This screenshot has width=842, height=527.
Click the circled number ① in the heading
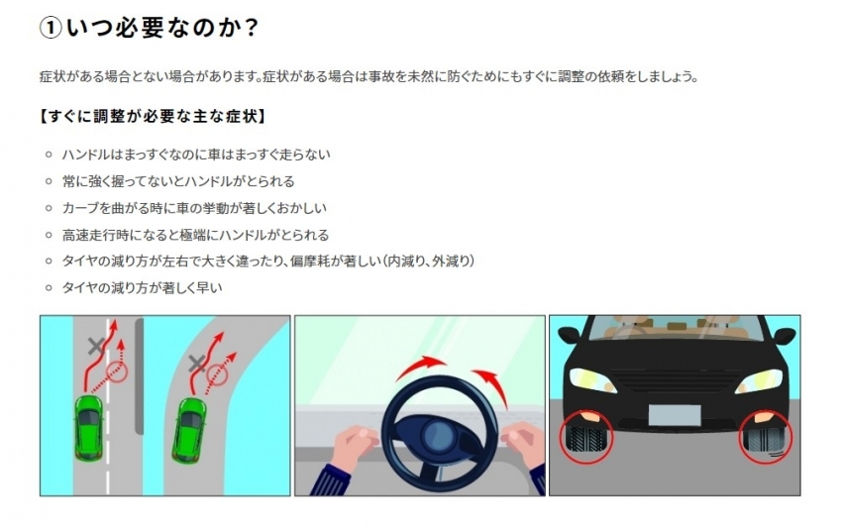pyautogui.click(x=51, y=28)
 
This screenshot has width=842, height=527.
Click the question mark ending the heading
pyautogui.click(x=251, y=28)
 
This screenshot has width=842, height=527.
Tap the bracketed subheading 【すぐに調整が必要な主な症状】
pyautogui.click(x=153, y=116)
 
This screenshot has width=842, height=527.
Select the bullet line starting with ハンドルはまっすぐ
pyautogui.click(x=196, y=155)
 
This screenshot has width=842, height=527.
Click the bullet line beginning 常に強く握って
pyautogui.click(x=178, y=181)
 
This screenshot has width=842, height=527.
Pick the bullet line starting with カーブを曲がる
pyautogui.click(x=194, y=208)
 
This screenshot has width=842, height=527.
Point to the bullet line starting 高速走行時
pyautogui.click(x=195, y=235)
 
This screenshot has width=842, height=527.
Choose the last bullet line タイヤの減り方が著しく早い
pyautogui.click(x=143, y=288)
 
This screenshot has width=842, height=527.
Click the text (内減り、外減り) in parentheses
pyautogui.click(x=428, y=262)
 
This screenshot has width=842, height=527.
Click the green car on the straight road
pyautogui.click(x=88, y=428)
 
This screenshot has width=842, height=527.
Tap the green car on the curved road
pyautogui.click(x=189, y=431)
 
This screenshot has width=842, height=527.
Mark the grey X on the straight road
pyautogui.click(x=96, y=347)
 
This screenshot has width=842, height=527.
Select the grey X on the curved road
pyautogui.click(x=197, y=364)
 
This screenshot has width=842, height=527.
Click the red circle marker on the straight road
pyautogui.click(x=117, y=371)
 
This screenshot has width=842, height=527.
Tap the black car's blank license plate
pyautogui.click(x=675, y=415)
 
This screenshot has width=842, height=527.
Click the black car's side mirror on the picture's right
pyautogui.click(x=786, y=336)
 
